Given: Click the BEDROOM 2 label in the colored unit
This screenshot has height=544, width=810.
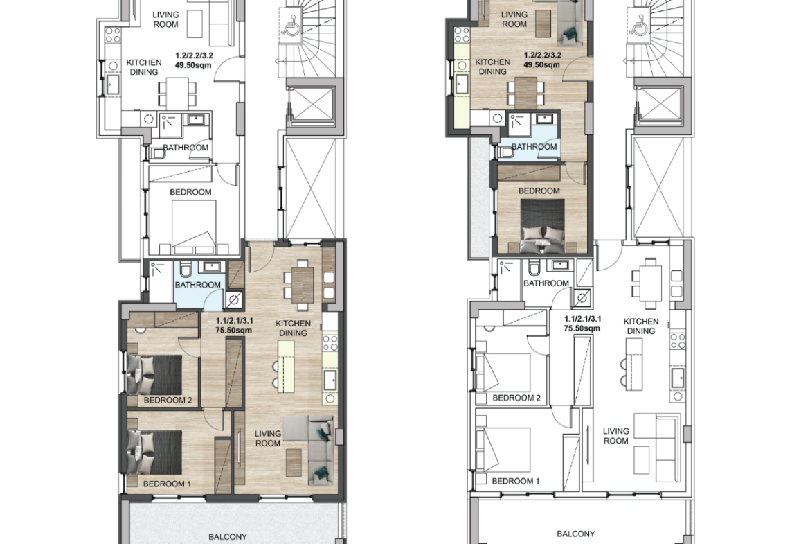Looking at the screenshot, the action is [168, 401].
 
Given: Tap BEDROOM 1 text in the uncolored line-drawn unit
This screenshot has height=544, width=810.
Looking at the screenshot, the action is [516, 481].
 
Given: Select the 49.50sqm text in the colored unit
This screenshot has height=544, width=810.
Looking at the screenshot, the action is [542, 65].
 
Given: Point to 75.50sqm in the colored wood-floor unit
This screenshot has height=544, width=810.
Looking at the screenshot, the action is [234, 331].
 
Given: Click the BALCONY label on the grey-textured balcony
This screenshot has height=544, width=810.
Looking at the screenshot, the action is [228, 537].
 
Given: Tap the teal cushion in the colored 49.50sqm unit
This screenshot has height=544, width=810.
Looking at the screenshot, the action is [570, 35].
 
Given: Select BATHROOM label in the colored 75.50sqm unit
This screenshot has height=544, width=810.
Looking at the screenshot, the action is [198, 285].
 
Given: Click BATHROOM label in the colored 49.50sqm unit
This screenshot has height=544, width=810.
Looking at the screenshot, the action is [534, 147].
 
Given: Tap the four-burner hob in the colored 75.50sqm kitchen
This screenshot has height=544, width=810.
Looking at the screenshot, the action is [330, 344].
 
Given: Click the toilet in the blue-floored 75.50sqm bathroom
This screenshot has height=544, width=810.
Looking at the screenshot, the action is [186, 270].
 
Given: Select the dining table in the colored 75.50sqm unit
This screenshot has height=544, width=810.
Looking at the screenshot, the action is [303, 284].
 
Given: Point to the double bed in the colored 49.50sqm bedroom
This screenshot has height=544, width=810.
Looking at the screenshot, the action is [542, 227].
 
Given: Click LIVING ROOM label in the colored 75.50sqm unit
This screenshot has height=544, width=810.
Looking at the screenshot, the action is [268, 439].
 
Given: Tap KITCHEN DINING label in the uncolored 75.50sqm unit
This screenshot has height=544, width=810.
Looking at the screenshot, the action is [641, 326].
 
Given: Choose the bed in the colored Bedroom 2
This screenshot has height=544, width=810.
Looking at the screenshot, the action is [154, 375].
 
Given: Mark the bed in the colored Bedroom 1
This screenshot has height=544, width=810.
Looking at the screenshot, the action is [154, 452].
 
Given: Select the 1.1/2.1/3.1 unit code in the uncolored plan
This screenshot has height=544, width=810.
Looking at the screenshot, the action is [583, 319].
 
